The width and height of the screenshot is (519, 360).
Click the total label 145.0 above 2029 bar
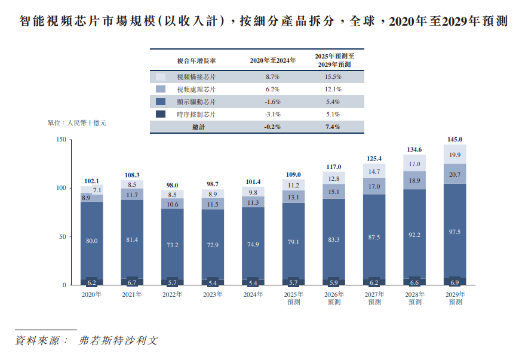[454, 139]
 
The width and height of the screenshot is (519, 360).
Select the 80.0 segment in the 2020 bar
[92, 241]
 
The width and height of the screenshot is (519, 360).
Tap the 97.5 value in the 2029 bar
[454, 232]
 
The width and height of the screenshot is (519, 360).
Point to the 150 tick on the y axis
[60, 140]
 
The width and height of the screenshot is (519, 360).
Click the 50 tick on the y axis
[62, 236]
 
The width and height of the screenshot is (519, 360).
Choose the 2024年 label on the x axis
[253, 294]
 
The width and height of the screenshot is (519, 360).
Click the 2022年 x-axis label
[173, 294]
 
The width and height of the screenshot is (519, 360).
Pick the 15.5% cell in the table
[333, 77]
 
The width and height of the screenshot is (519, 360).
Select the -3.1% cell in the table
[272, 114]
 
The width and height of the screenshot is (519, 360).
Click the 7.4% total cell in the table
[333, 127]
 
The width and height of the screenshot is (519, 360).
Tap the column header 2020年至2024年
[272, 61]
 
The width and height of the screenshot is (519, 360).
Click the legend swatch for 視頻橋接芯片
[160, 77]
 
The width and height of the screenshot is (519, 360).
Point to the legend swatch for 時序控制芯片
[160, 114]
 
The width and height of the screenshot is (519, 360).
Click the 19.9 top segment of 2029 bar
[454, 155]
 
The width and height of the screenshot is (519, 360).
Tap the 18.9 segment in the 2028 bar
[414, 180]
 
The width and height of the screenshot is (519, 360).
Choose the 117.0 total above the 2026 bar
[334, 167]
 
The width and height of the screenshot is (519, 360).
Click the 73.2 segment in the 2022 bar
[173, 245]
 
